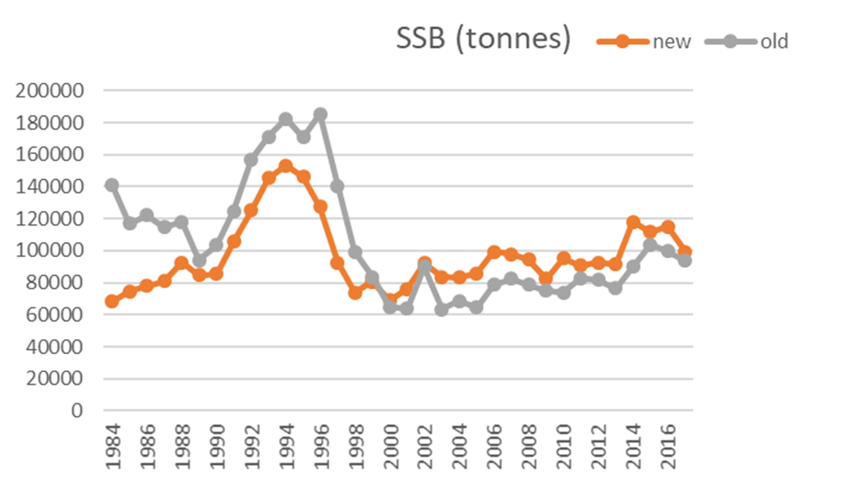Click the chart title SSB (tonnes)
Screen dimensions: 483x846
click(483, 39)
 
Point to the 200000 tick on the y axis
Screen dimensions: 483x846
click(49, 90)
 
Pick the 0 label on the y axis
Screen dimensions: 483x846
click(77, 411)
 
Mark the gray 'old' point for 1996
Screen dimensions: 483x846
click(320, 114)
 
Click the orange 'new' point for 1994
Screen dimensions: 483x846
click(285, 165)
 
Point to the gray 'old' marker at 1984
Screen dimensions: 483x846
click(112, 185)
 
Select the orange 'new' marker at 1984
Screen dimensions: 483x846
click(112, 301)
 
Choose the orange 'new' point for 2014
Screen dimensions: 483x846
click(633, 222)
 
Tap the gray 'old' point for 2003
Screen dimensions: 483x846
click(441, 310)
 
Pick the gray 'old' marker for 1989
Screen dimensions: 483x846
click(199, 261)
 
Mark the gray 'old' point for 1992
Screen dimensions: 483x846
click(251, 160)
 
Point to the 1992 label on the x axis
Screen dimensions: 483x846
click(252, 446)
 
